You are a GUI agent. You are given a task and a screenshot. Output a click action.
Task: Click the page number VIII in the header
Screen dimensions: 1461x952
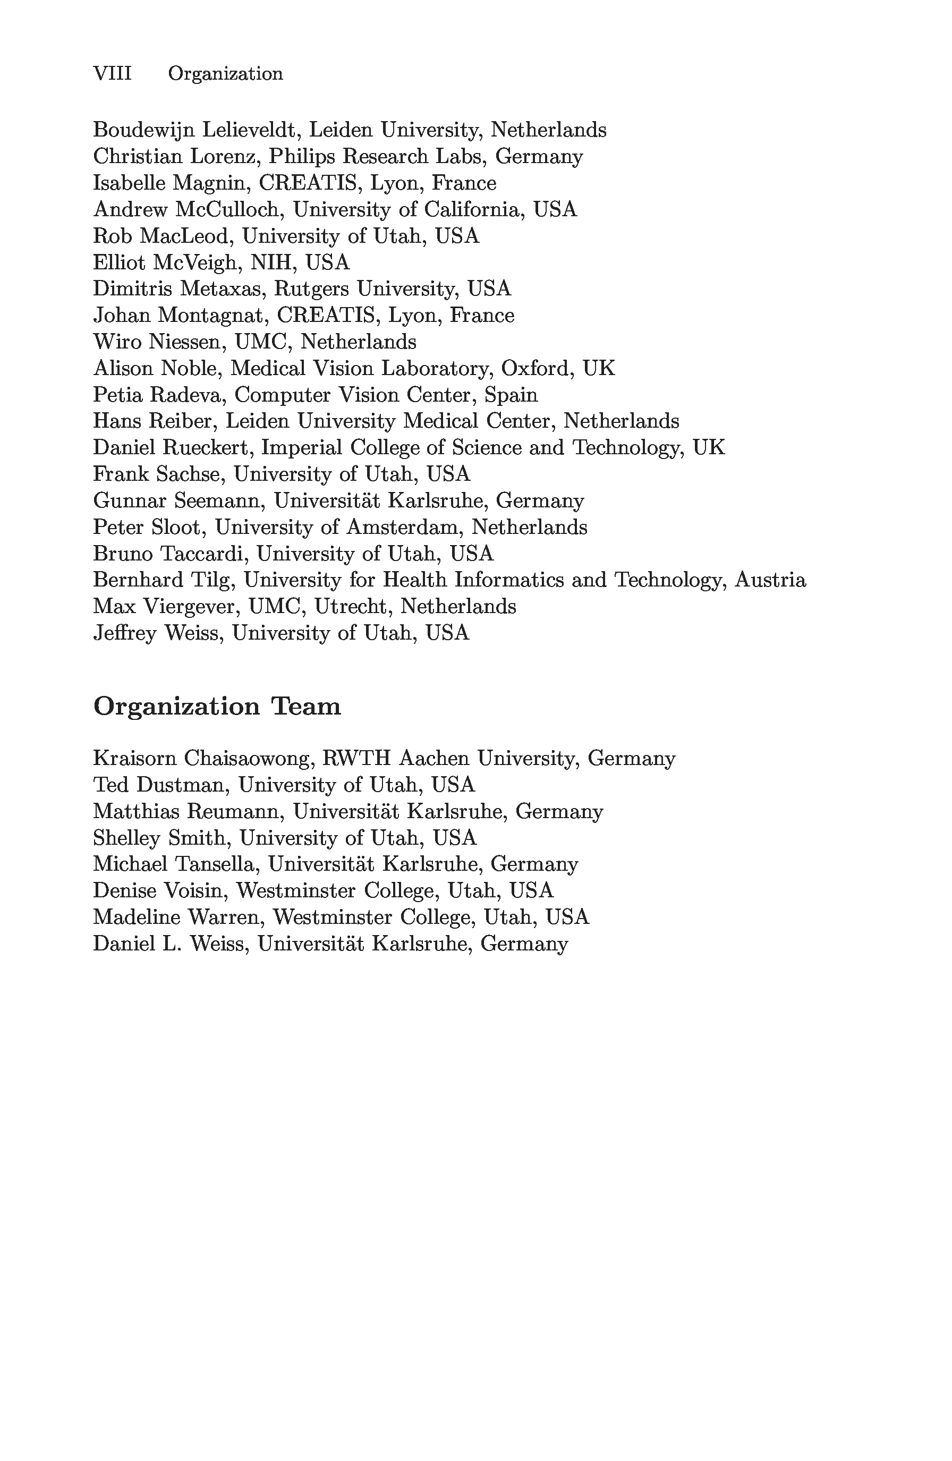112,74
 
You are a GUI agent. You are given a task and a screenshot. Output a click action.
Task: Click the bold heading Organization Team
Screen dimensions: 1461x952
217,707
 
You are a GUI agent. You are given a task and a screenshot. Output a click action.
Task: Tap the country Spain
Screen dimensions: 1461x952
511,395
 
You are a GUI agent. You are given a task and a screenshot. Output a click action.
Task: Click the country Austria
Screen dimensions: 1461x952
770,580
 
